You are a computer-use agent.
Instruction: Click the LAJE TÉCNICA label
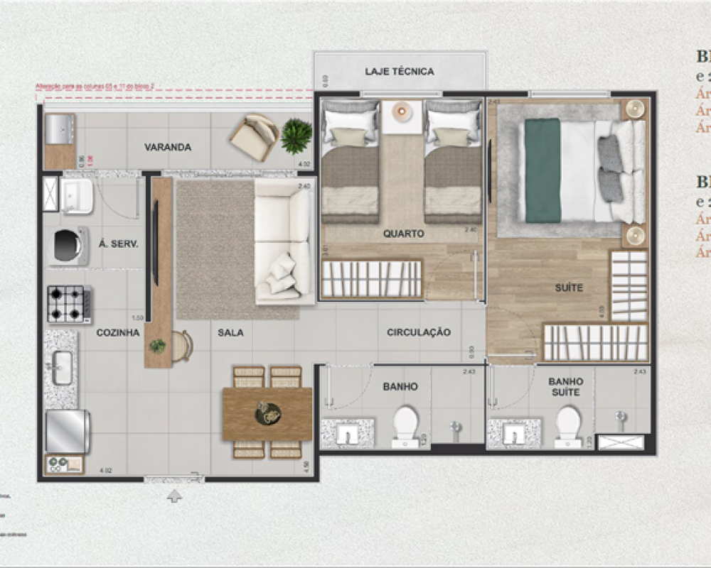pyautogui.click(x=399, y=72)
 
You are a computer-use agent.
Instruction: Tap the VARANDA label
pyautogui.click(x=168, y=148)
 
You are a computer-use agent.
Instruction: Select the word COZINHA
pyautogui.click(x=118, y=332)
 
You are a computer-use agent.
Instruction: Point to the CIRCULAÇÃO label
pyautogui.click(x=419, y=332)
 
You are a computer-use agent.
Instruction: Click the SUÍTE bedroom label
pyautogui.click(x=569, y=288)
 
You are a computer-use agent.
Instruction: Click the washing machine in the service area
pyautogui.click(x=68, y=246)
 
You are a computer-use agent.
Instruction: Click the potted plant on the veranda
pyautogui.click(x=296, y=135)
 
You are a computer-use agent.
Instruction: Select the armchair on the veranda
pyautogui.click(x=255, y=136)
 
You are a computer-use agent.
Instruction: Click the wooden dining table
pyautogui.click(x=267, y=413)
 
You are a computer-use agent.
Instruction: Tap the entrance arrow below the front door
pyautogui.click(x=174, y=496)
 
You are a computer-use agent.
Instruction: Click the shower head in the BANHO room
pyautogui.click(x=456, y=427)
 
